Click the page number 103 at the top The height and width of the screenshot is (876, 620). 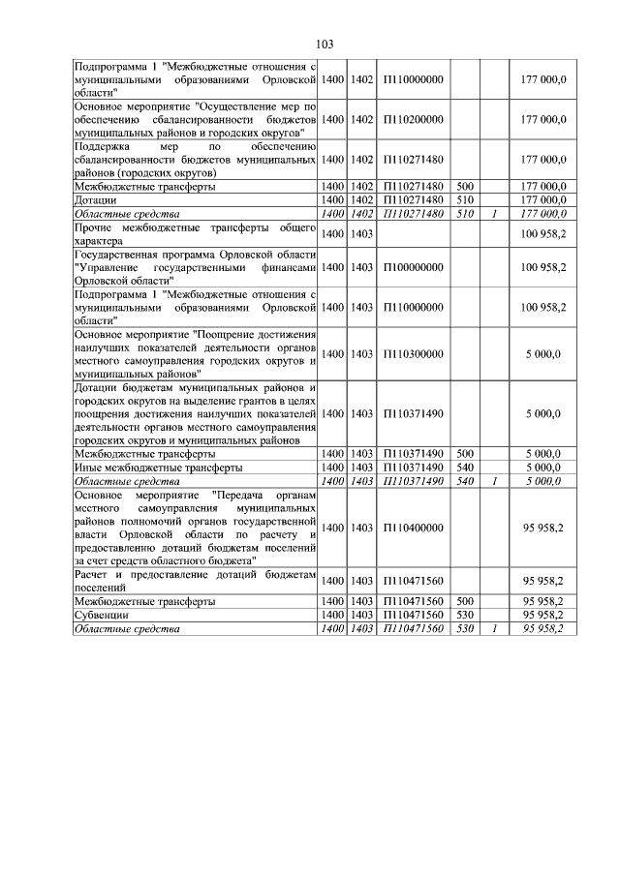click(325, 44)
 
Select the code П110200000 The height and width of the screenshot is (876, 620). click(414, 119)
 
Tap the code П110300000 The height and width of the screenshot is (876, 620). click(414, 354)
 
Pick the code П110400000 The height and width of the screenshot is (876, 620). click(414, 528)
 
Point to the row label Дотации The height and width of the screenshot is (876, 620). click(97, 199)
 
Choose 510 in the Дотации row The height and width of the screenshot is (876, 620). click(465, 199)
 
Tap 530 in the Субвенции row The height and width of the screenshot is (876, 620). click(465, 615)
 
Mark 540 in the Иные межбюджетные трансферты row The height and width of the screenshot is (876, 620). click(465, 467)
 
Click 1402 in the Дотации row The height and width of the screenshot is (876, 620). click(362, 199)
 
